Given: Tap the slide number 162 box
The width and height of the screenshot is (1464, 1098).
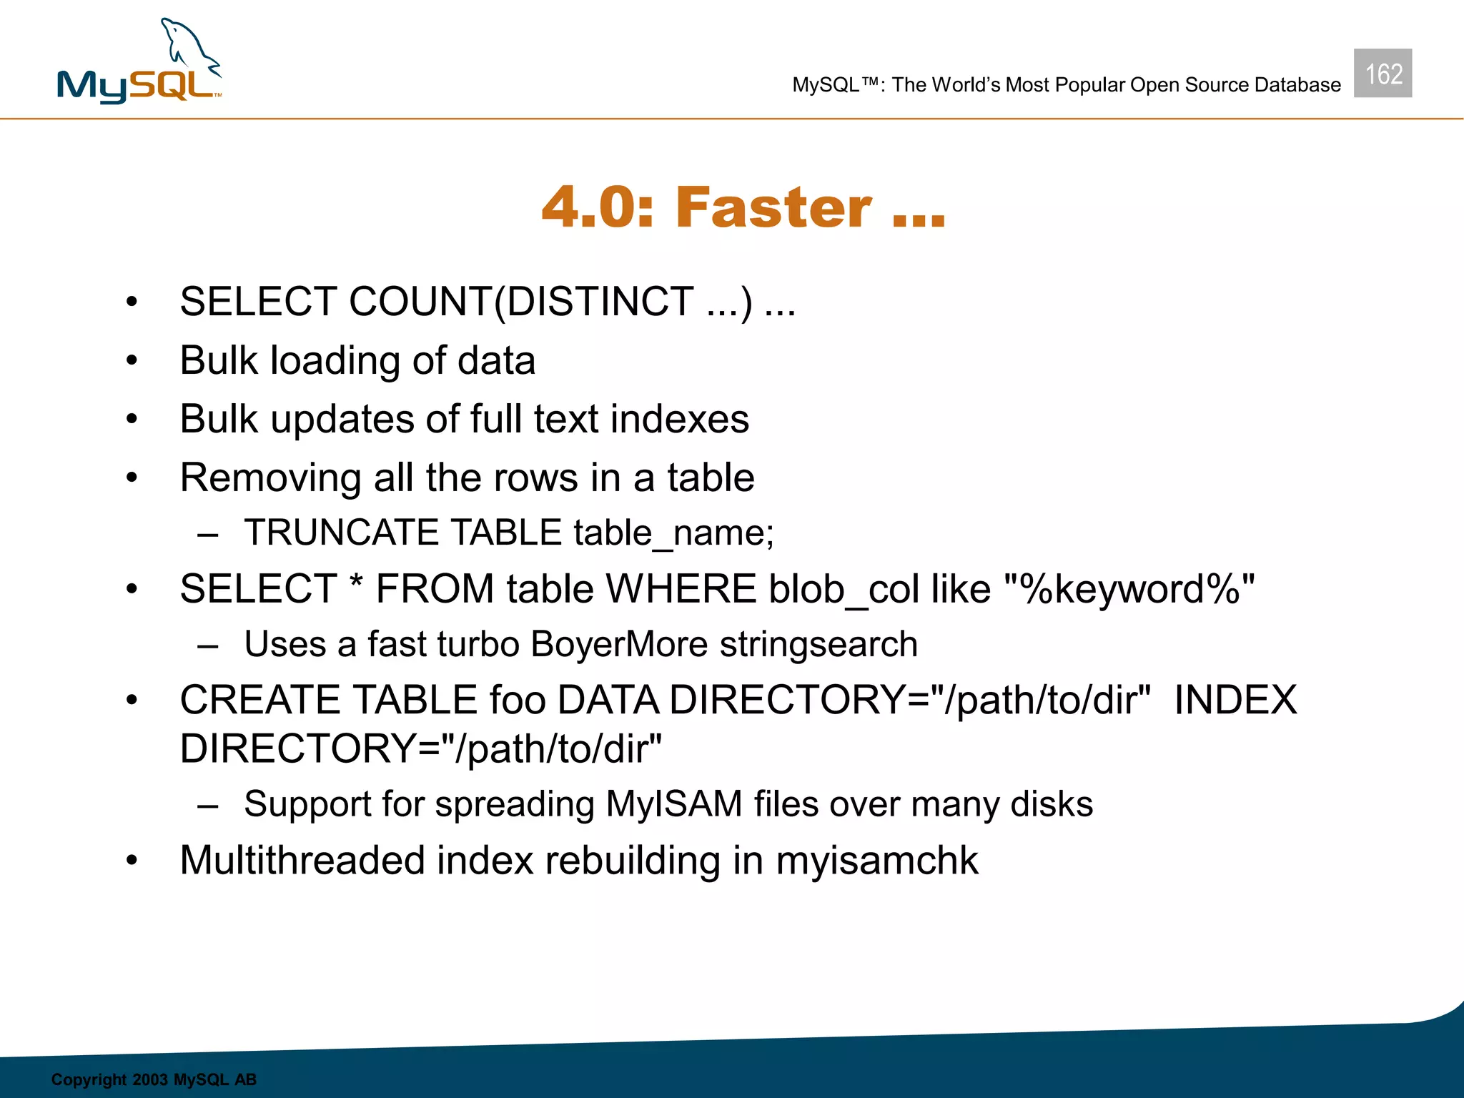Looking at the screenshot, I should pyautogui.click(x=1383, y=73).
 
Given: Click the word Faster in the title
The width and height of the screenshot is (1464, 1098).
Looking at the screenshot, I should pyautogui.click(x=773, y=207).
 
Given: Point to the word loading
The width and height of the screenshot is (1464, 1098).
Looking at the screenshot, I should pyautogui.click(x=335, y=360).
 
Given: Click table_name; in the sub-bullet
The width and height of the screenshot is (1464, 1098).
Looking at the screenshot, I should pyautogui.click(x=673, y=533).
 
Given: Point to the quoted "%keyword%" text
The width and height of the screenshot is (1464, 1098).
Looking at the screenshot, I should pyautogui.click(x=1129, y=589).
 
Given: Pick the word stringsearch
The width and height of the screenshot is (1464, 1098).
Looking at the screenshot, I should pyautogui.click(x=818, y=644).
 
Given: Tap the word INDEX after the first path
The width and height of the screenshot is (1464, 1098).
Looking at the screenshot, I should pyautogui.click(x=1235, y=699).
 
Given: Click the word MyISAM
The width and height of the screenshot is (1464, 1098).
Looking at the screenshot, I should pyautogui.click(x=673, y=803).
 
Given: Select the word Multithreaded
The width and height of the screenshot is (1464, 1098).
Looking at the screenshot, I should pyautogui.click(x=302, y=860).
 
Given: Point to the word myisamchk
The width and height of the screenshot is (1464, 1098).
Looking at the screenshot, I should pyautogui.click(x=876, y=860).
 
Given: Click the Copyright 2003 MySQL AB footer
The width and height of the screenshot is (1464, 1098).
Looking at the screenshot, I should pyautogui.click(x=154, y=1079).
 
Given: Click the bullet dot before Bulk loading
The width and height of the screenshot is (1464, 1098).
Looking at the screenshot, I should pyautogui.click(x=132, y=360).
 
